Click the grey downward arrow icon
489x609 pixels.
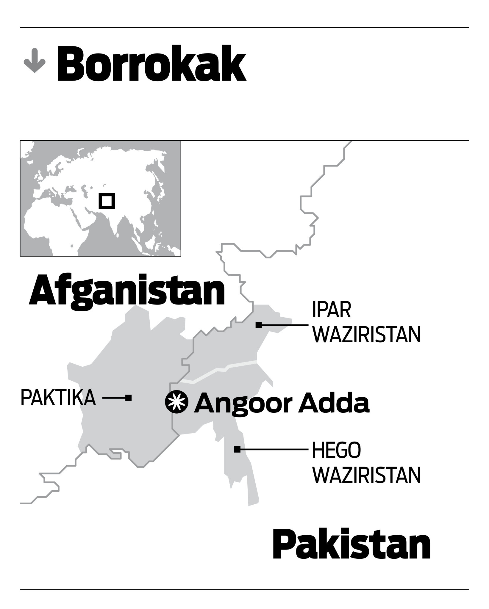[x=35, y=61]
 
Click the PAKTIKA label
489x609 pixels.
[x=58, y=398]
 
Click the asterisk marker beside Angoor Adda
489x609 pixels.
[x=177, y=402]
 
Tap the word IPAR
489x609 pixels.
[x=331, y=311]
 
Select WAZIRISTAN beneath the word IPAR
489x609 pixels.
[x=367, y=335]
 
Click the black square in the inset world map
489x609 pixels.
[x=107, y=201]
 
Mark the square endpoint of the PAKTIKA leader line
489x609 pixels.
[x=128, y=398]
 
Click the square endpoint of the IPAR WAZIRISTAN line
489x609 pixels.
[x=259, y=325]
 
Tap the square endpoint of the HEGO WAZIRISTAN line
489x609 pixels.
[x=237, y=450]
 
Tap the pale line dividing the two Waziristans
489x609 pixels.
[x=220, y=370]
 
